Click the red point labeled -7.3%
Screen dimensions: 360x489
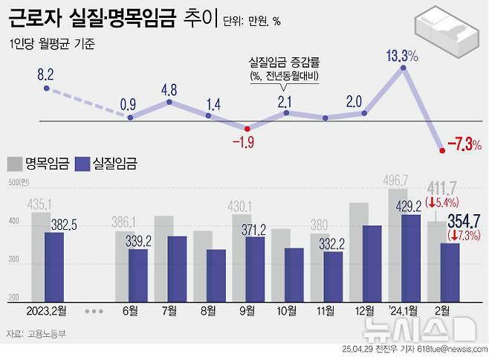point(443,150)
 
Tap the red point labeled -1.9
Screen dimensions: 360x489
point(247,127)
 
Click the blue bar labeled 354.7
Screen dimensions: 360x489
point(450,271)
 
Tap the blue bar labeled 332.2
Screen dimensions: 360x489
point(333,276)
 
